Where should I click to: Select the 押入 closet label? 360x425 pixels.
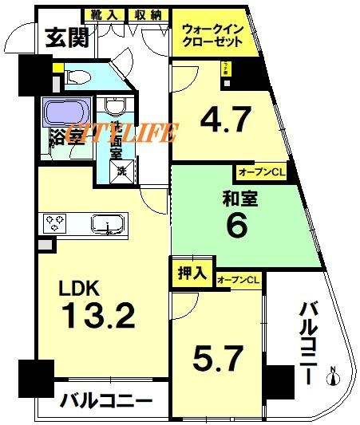point(190,272)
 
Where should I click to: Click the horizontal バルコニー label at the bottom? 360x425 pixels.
point(106,400)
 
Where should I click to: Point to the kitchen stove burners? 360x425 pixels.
point(53,222)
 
